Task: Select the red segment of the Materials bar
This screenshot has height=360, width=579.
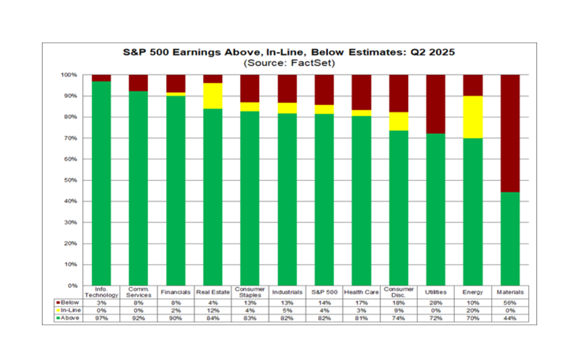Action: click(x=510, y=133)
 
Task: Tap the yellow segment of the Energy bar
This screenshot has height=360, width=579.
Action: click(x=473, y=117)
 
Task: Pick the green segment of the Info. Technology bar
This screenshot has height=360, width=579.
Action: click(x=101, y=183)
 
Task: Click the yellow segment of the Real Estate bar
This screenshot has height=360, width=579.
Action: click(x=212, y=96)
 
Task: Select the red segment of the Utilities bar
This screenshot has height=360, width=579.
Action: click(x=436, y=104)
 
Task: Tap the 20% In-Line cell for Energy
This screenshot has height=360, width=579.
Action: click(x=473, y=309)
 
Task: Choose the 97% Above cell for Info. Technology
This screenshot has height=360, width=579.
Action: click(x=101, y=318)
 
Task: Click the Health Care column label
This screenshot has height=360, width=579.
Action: click(x=362, y=292)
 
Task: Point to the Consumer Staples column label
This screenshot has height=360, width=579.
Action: click(x=250, y=292)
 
